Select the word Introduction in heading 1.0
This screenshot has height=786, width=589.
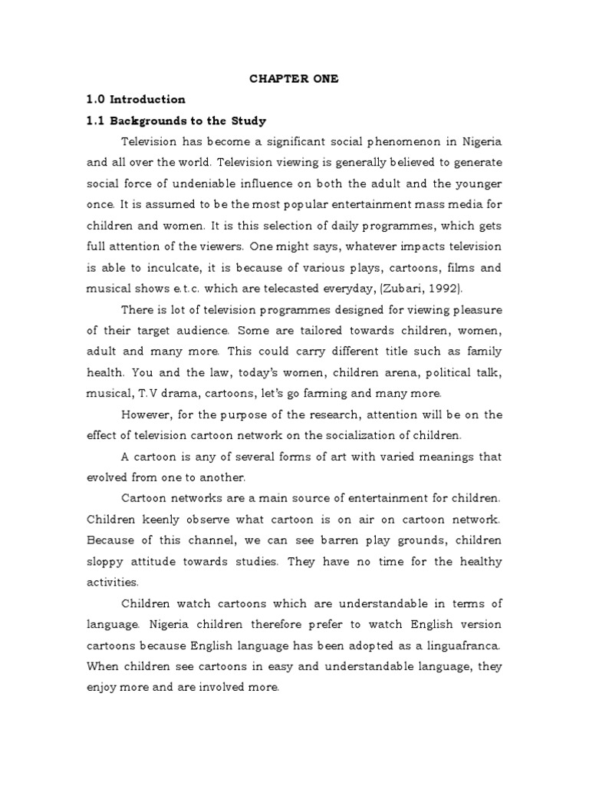click(147, 100)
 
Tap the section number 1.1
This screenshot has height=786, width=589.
click(96, 121)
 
